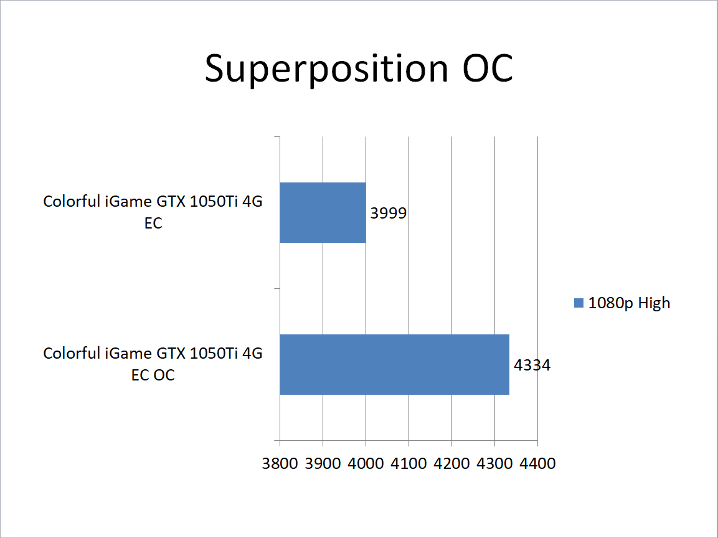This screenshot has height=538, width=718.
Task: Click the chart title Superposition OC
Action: coord(359,68)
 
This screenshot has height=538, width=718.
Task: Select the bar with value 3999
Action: coord(323,212)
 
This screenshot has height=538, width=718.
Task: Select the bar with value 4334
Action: coord(394,364)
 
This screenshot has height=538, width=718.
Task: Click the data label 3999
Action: coord(389,213)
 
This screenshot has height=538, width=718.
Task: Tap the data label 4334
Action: coord(532,365)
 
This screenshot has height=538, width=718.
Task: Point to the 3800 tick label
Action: coord(280,463)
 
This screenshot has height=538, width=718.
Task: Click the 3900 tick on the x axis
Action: coord(323,463)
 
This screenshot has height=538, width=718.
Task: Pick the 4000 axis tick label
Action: coord(366,463)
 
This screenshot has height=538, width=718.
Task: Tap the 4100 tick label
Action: coord(409,463)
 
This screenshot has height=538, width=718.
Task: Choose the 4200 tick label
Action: coord(452,463)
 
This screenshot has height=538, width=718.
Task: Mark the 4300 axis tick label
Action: coord(494,463)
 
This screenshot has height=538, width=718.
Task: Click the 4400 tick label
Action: coord(537,463)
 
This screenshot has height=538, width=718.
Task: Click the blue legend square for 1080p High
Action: coord(579,303)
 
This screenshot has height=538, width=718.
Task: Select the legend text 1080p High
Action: coord(629,303)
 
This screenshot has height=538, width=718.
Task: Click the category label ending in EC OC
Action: coord(153,364)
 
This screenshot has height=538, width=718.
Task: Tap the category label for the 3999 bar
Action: coord(153,212)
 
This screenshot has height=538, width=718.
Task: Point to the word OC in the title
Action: coord(488,68)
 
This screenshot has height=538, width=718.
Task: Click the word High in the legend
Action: coord(654,303)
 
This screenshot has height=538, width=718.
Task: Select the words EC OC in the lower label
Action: coord(153,375)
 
